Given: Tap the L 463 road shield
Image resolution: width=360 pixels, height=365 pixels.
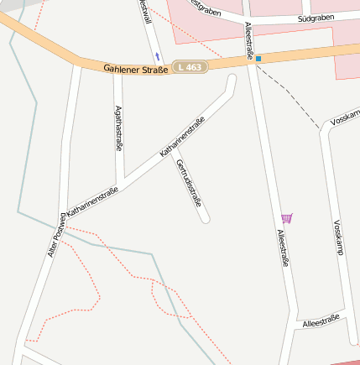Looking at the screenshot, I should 189,66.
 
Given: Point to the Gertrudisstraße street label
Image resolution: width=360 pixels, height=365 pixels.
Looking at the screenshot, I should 190,182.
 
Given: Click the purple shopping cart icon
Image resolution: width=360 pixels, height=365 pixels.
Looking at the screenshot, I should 287,218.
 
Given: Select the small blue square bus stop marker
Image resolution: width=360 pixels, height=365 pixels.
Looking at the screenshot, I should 258,59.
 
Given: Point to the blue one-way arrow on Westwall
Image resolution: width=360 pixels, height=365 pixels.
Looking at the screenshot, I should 156,44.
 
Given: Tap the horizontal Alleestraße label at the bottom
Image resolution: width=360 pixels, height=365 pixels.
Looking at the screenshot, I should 321,320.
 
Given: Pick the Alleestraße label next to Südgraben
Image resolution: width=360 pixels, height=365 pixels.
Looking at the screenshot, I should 249,39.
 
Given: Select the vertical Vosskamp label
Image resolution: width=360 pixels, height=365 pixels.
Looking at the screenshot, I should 338,242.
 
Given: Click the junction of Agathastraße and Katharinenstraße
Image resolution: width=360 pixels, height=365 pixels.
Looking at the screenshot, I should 121,183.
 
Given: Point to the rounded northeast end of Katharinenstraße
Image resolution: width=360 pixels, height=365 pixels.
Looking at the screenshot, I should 232,80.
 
